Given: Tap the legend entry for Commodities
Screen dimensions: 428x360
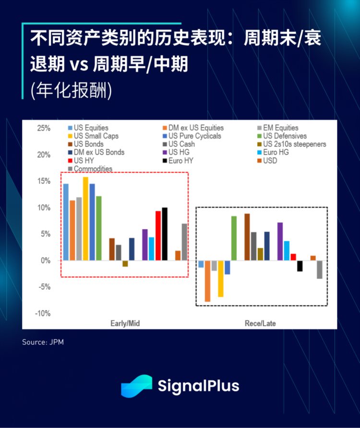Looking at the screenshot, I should (93, 169).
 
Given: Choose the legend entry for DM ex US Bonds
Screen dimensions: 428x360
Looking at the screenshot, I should (99, 152).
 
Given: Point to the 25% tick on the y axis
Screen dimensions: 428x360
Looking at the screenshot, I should (44, 128).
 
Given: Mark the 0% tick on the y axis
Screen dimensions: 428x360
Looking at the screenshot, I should (45, 260).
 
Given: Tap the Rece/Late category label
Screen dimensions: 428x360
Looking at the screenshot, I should (260, 323).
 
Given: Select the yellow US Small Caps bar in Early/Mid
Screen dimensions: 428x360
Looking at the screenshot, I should (85, 219).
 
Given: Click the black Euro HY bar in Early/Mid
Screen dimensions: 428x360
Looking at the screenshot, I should (165, 234).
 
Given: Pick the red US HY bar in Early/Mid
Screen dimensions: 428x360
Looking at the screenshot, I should (158, 235).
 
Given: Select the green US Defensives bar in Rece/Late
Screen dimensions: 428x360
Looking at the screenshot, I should (234, 238).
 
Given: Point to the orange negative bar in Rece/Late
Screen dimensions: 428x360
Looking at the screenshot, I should (207, 281).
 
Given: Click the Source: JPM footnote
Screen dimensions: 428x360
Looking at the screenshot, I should (43, 342).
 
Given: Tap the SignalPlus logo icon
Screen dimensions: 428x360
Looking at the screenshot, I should (136, 386).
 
